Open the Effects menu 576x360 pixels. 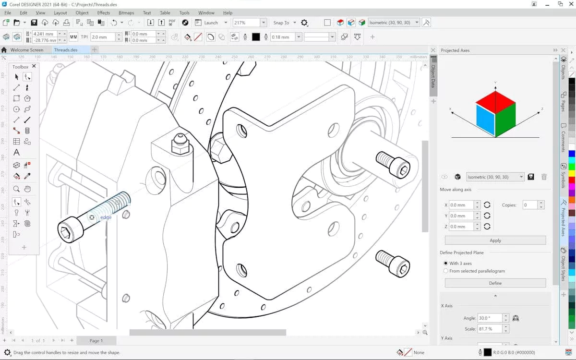coord(103,13)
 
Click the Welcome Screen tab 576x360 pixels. coord(27,50)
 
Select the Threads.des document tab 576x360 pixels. coord(66,50)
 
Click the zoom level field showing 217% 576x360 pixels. coord(246,23)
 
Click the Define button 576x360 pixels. coord(495,283)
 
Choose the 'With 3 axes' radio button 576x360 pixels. coord(446,264)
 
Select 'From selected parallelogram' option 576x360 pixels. coord(446,271)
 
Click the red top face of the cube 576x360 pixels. coord(495,102)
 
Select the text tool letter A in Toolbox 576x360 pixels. coord(16,153)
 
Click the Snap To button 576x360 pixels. coord(281,23)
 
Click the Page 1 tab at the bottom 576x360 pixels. coord(96,340)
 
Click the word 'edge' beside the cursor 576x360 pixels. coord(106,217)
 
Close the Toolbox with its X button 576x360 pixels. coord(34,67)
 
